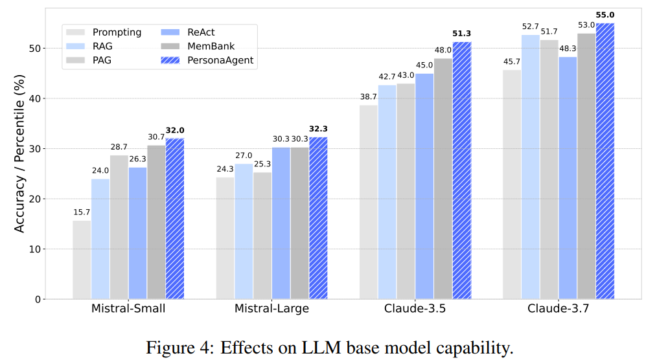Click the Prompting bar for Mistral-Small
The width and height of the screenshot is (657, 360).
click(82, 260)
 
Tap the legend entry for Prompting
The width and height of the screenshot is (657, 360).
click(111, 32)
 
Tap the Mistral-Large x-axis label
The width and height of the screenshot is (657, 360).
click(271, 309)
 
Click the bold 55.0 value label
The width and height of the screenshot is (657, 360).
click(605, 14)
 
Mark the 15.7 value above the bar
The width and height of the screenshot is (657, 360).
click(82, 212)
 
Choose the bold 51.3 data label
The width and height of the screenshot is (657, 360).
click(462, 33)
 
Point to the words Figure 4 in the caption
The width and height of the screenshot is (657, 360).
click(173, 348)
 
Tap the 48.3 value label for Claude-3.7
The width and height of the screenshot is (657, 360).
click(567, 48)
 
